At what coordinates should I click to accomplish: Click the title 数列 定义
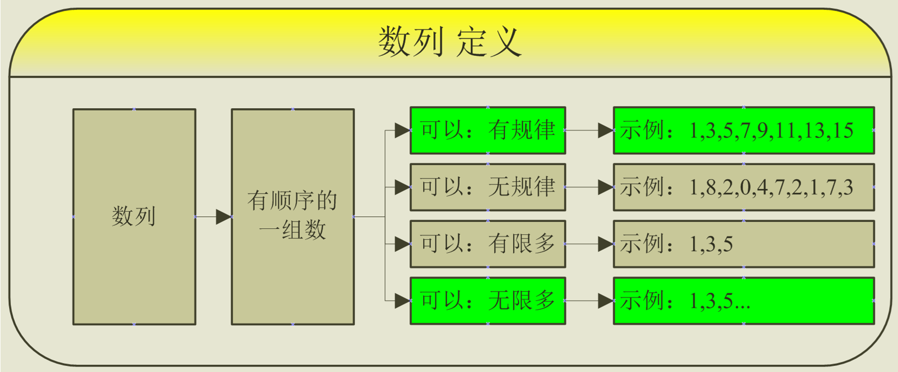(450, 42)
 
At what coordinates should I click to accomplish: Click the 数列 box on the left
(134, 217)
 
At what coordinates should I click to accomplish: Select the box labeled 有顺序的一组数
(293, 217)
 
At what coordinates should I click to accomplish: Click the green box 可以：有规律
(488, 130)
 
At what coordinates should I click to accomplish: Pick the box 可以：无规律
(488, 187)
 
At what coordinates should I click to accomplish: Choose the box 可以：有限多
(488, 244)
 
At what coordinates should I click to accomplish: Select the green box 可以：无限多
(488, 301)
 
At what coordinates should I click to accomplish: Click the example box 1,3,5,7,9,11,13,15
(744, 130)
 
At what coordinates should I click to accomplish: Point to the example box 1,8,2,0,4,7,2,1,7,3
(744, 187)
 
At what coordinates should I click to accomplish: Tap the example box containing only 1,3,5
(744, 244)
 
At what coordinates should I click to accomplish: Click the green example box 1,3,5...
(744, 301)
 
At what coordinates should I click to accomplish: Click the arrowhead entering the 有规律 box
(403, 130)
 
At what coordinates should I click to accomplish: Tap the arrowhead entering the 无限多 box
(403, 301)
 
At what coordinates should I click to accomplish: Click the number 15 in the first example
(843, 131)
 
